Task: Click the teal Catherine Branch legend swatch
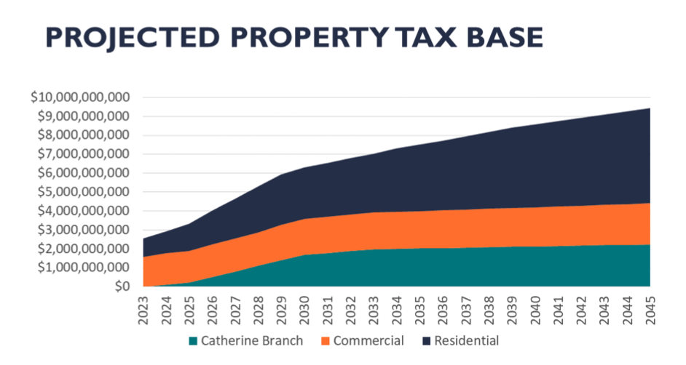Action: (193, 340)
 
